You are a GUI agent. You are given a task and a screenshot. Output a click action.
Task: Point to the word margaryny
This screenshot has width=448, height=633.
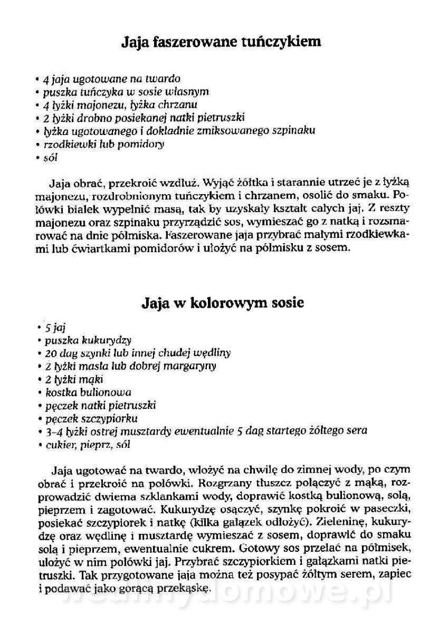click(187, 366)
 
